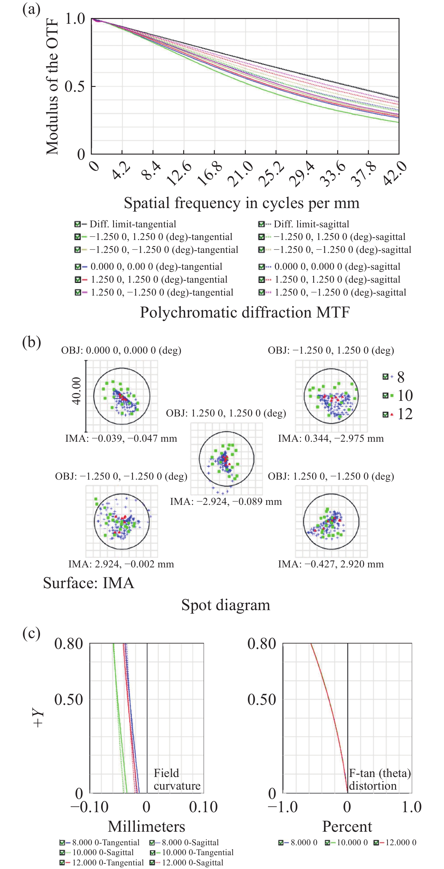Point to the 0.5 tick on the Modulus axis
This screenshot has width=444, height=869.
[75, 87]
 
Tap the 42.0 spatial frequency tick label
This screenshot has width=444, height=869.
[395, 173]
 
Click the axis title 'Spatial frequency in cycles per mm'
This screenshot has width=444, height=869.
[242, 203]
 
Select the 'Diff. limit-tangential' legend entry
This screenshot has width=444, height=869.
[125, 224]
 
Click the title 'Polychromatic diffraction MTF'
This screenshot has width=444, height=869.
[245, 312]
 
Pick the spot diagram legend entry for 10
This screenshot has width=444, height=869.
[398, 395]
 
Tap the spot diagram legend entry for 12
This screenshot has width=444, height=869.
[398, 414]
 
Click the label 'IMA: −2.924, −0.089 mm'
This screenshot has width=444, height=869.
[226, 502]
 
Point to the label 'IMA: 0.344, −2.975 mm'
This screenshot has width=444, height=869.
[331, 438]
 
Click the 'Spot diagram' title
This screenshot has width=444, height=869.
[226, 605]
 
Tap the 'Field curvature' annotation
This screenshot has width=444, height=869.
[177, 779]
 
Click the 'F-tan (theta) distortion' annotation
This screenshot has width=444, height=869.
[380, 779]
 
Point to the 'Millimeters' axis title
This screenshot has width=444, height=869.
[146, 827]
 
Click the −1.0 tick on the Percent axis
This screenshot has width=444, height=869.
[283, 807]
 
